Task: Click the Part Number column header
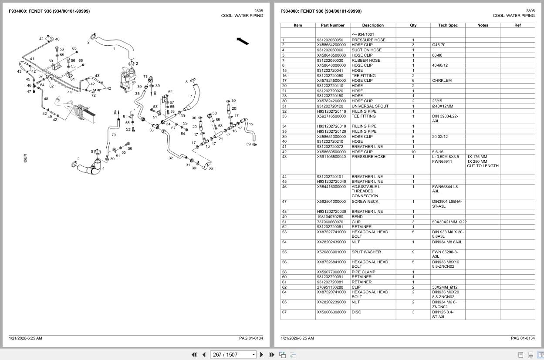coord(333,25)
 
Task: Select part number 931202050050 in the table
coord(330,40)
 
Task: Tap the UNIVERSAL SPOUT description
coord(370,106)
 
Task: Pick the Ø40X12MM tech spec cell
coord(443,106)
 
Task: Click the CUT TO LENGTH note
coord(483,166)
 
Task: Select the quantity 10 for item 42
coord(413,152)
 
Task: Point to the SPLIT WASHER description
coord(366,252)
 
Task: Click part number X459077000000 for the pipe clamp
coord(331,272)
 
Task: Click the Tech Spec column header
coord(448,25)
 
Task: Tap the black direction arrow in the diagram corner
coord(243,41)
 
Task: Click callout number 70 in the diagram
coord(114,135)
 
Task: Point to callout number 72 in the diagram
coord(93,95)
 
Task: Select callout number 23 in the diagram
coord(211,169)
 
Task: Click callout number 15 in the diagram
coord(250,124)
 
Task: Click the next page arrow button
coord(261,355)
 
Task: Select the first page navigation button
coord(194,355)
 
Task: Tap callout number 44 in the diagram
coord(70,92)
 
